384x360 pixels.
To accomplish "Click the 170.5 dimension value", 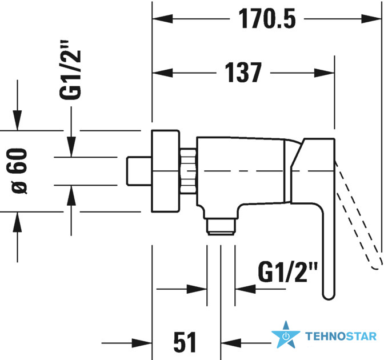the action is coord(267,19).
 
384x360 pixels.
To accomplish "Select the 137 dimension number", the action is coord(243,73).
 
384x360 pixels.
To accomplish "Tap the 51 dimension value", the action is coord(185,342).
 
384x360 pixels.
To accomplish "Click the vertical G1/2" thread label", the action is coord(70,70).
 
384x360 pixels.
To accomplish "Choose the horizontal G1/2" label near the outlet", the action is coord(288,272).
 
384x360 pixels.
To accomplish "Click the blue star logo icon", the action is coord(286,335).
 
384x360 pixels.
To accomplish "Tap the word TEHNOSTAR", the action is coord(341,336).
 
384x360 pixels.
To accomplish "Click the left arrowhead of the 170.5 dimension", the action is coord(162,19).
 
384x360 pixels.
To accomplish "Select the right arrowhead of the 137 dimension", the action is coord(325,73).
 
